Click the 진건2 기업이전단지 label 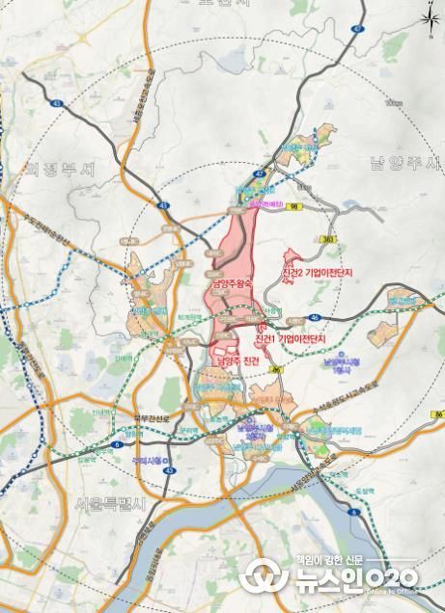(318, 274)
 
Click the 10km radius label (392, 101)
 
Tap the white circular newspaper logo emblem (261, 579)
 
